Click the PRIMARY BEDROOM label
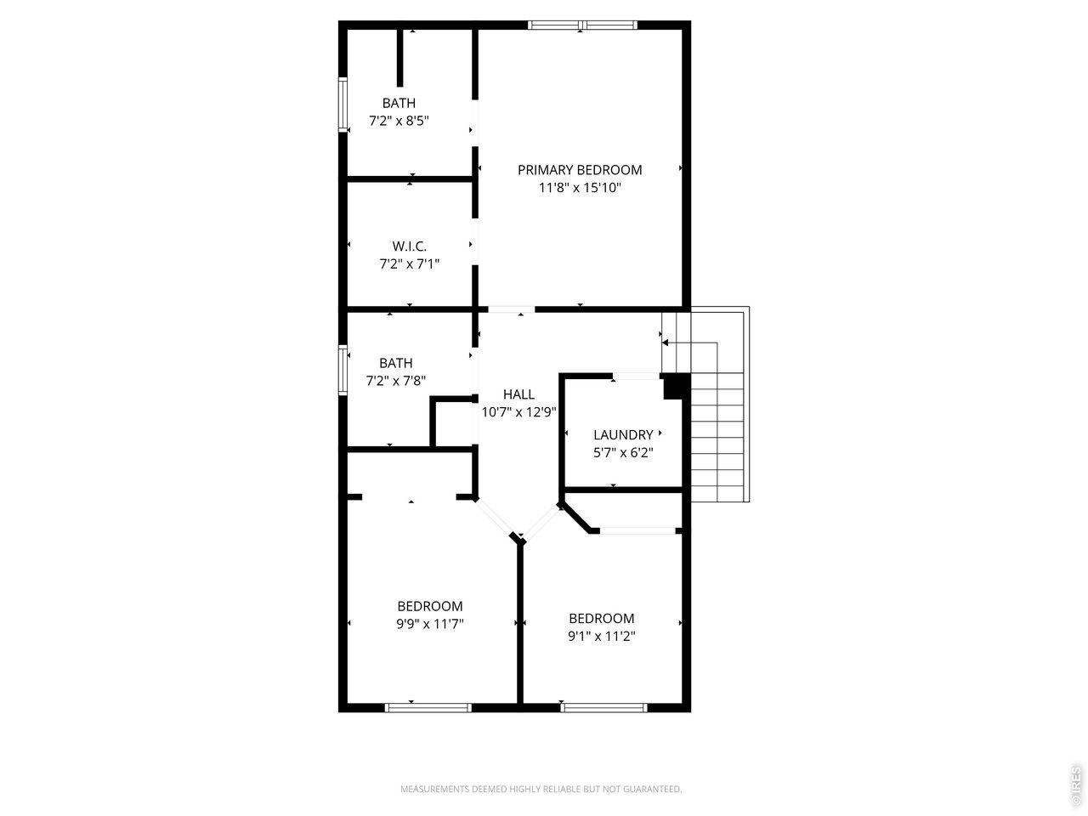tap(580, 170)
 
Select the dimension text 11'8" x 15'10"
tap(580, 188)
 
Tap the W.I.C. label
tap(398, 246)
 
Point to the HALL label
tap(518, 394)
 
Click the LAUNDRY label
tap(623, 435)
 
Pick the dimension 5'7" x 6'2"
tap(623, 453)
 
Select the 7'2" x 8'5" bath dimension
tap(399, 121)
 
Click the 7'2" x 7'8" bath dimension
tap(395, 382)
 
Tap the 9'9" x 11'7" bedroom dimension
tap(430, 624)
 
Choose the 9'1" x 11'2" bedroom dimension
tap(602, 636)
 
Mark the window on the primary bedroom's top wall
tap(582, 25)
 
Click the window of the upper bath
tap(343, 105)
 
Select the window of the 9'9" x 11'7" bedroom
tap(428, 707)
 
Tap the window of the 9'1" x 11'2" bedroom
tap(603, 707)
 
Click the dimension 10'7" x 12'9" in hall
tap(518, 412)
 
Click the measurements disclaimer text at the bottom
tap(541, 790)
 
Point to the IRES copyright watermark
tap(1075, 785)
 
